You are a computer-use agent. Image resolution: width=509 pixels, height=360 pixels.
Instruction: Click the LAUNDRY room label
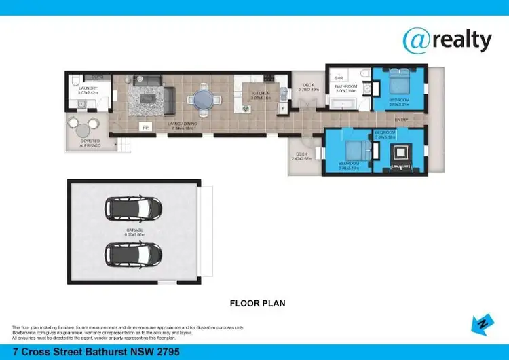[88, 88]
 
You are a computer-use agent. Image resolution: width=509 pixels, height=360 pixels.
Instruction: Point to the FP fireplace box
[145, 127]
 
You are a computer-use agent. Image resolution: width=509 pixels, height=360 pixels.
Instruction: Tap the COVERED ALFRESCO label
[90, 143]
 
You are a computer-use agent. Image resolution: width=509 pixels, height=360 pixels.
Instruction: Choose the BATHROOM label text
[345, 87]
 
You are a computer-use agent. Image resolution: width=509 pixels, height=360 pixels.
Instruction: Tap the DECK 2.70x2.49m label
[309, 87]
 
